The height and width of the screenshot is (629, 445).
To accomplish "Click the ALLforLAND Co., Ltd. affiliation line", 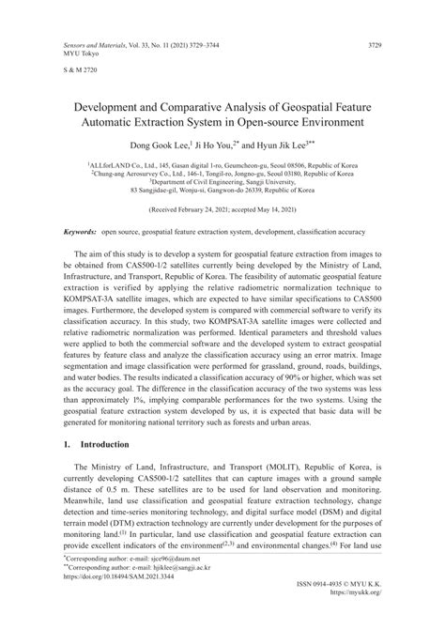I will (222, 162).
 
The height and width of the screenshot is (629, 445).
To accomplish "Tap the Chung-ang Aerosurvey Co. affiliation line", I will (222, 173).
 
